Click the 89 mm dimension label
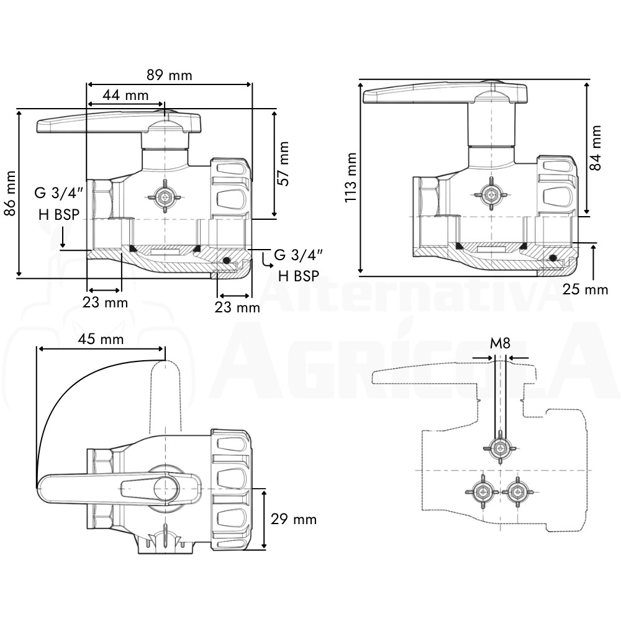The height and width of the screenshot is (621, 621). pyautogui.click(x=169, y=75)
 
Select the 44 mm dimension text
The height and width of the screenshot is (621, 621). pyautogui.click(x=125, y=96)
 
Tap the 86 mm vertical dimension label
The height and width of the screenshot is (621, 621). pyautogui.click(x=10, y=193)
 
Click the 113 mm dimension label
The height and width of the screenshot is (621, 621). pyautogui.click(x=350, y=178)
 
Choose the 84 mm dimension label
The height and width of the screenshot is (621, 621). pyautogui.click(x=596, y=148)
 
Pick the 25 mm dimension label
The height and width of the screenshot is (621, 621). pyautogui.click(x=586, y=289)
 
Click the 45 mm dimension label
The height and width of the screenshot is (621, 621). pyautogui.click(x=101, y=340)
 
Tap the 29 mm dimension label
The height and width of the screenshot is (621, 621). pyautogui.click(x=294, y=519)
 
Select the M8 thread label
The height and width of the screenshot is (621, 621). pyautogui.click(x=500, y=343)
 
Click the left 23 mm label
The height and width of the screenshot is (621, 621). pyautogui.click(x=105, y=302)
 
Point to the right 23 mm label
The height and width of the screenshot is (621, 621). pyautogui.click(x=237, y=307)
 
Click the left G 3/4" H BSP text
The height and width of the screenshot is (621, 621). pyautogui.click(x=59, y=204)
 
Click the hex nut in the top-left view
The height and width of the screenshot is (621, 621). pyautogui.click(x=164, y=196)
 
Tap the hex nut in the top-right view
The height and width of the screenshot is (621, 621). pyautogui.click(x=491, y=195)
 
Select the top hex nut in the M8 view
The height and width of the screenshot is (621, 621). pyautogui.click(x=500, y=448)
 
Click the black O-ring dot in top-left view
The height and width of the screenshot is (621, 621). pyautogui.click(x=226, y=260)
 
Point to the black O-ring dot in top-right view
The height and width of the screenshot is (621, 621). pyautogui.click(x=553, y=258)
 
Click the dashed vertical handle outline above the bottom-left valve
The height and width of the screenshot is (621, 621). pyautogui.click(x=165, y=396)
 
